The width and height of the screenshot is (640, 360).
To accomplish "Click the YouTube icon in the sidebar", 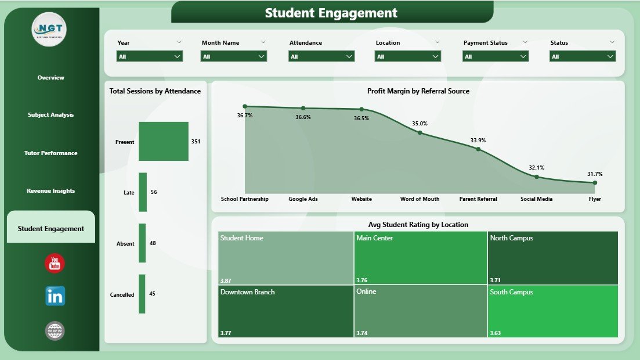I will coord(55,263).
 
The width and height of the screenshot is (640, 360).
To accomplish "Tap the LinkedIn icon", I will coord(55,296).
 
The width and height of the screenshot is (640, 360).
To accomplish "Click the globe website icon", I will coord(55,331).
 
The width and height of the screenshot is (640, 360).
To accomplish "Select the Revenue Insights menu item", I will coord(51,191).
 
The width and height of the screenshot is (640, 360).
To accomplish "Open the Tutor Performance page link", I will coord(51,153).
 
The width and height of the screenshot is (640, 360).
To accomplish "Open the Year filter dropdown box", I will coord(150,56).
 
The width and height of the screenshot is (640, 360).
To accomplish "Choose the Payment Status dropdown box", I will coord(496,56).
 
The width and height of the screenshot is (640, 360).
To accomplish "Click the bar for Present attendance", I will coord(164,141).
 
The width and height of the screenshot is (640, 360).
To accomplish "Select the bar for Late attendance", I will coord(143,192).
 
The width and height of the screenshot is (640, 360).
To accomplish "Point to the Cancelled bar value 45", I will coord(152,294).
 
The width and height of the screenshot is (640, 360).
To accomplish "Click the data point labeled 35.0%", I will coord(420,132).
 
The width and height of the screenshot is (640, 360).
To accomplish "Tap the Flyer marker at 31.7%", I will coord(595,182).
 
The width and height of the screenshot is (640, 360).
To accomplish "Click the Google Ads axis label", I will coord(303,199).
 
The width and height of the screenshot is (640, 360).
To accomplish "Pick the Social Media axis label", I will coord(536,199).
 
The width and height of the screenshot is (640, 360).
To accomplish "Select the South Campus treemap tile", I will coord(553,311).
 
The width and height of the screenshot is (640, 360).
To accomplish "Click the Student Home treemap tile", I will coord(285,258).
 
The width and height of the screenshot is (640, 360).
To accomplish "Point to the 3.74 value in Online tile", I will coord(362,333).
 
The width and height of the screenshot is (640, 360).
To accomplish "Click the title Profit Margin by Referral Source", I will coord(418,91).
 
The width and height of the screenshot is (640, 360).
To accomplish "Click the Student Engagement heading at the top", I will coord(331,13).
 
